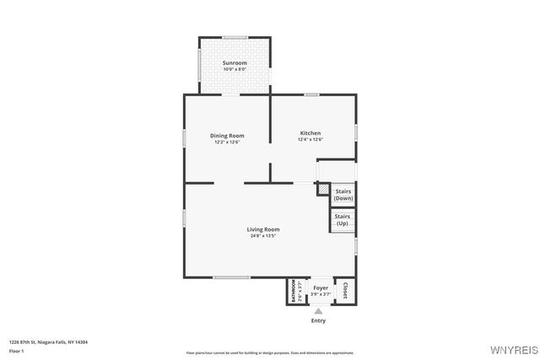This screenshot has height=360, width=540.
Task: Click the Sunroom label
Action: coord(235,63)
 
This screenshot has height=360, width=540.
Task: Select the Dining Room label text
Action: coord(227,136)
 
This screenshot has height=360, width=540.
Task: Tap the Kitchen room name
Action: coord(310,133)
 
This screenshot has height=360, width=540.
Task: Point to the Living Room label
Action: coord(263,229)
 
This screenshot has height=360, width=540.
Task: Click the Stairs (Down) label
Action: coord(343,195)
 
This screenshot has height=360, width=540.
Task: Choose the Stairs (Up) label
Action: coord(343,220)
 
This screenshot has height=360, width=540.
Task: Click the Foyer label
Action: coord(321,288)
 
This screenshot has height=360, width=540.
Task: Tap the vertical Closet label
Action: coord(344,290)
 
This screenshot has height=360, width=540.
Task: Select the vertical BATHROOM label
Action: coord(294,291)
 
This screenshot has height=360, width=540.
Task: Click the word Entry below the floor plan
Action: coord(318,320)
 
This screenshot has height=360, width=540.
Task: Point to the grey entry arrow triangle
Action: coord(318,310)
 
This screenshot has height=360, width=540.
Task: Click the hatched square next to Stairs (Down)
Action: coord(322,190)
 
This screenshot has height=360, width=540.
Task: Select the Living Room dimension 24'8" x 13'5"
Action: coord(263,236)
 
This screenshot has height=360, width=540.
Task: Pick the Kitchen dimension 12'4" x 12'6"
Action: coord(310,140)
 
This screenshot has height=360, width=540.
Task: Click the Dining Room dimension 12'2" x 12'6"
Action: coord(227,142)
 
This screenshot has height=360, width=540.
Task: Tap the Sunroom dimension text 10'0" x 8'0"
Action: coord(235,69)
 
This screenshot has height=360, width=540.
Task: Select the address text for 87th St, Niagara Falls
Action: coord(48,341)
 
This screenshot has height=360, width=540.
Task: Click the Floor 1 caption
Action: coord(17,350)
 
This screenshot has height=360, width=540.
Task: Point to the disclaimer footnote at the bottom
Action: coord(269,353)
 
